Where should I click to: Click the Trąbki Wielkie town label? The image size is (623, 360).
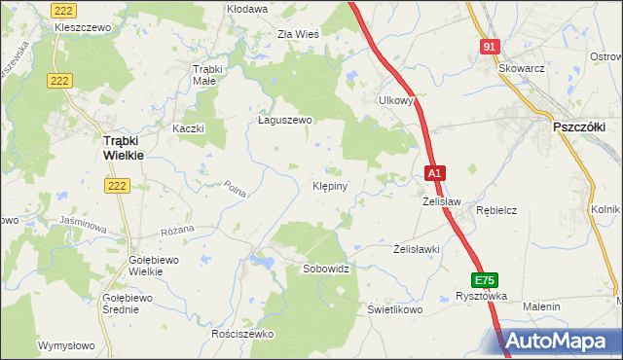click(x=123, y=147)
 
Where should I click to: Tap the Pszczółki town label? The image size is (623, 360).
click(x=579, y=126)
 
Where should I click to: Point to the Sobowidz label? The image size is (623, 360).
click(x=326, y=267)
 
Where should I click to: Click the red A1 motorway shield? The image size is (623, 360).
click(x=435, y=173)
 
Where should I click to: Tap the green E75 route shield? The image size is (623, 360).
click(x=487, y=277)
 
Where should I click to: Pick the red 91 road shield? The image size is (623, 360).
click(x=491, y=47)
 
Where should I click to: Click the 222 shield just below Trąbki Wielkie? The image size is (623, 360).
click(x=118, y=185)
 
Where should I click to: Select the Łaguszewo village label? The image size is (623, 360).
click(x=283, y=121)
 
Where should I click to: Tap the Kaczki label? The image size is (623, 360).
click(x=187, y=128)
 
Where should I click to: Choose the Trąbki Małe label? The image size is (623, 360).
click(x=209, y=75)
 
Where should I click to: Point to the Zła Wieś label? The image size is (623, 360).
click(x=298, y=33)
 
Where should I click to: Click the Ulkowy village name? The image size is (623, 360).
click(x=396, y=99)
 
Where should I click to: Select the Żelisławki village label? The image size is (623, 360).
click(x=418, y=249)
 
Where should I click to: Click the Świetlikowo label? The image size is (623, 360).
click(x=394, y=309)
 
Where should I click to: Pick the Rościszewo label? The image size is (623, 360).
click(x=242, y=334)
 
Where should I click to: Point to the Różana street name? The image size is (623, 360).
click(x=177, y=230)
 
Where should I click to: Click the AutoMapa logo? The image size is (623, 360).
click(x=560, y=341)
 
